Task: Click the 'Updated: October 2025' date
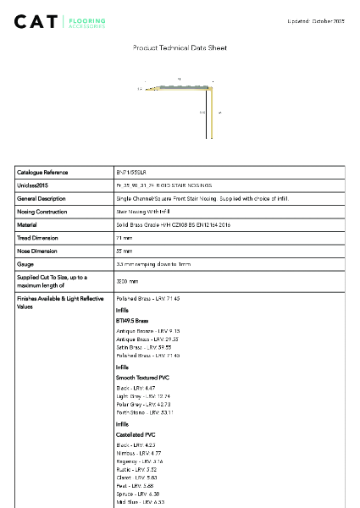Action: click(316, 20)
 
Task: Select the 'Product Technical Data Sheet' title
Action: click(180, 48)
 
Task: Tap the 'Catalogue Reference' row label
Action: click(42, 172)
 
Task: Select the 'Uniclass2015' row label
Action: click(33, 185)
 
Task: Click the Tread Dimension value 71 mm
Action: click(124, 238)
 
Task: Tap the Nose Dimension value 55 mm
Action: click(124, 251)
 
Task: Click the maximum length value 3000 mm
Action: click(127, 280)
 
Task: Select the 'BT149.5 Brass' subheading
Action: click(132, 322)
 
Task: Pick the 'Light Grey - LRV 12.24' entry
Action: click(143, 395)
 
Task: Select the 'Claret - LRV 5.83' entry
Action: click(136, 478)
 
